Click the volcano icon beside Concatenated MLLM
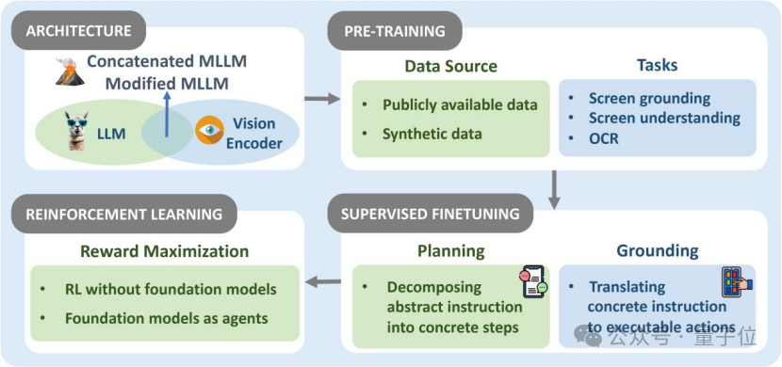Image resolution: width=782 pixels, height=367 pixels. click(x=71, y=72)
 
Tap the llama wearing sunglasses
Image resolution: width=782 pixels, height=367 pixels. click(x=76, y=131)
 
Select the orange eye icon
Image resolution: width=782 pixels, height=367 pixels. click(x=209, y=130)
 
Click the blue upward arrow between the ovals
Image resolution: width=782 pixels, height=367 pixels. click(x=167, y=114)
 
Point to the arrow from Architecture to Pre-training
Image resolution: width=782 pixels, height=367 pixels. click(x=322, y=99)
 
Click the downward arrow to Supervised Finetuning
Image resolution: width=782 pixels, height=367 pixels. click(x=554, y=190)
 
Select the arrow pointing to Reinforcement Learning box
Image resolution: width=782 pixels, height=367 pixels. click(x=322, y=282)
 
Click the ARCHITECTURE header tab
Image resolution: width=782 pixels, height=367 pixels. click(x=79, y=31)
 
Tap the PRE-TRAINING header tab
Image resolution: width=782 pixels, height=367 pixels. click(x=395, y=31)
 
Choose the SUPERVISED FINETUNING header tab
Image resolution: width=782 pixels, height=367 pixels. click(x=431, y=214)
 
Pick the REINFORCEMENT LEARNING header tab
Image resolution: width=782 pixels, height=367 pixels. click(x=124, y=214)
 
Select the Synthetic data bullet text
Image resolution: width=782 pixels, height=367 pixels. click(x=432, y=134)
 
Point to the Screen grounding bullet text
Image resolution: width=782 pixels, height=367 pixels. click(x=649, y=98)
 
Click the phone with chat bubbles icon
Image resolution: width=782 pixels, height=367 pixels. click(x=532, y=280)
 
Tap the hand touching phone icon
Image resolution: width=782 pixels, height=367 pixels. click(x=737, y=282)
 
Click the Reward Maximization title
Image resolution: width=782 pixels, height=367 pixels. click(x=165, y=251)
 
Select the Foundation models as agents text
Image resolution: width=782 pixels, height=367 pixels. click(x=167, y=318)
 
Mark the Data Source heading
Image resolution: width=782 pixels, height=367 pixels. click(x=451, y=66)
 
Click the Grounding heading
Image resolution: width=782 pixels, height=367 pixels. click(x=658, y=251)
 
